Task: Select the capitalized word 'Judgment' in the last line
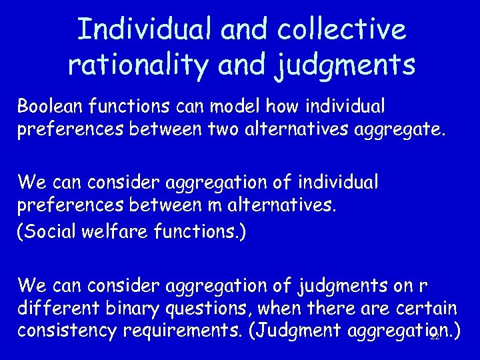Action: [297, 331]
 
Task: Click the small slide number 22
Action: [435, 338]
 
